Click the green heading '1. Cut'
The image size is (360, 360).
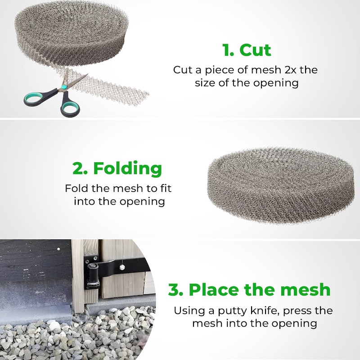(247, 50)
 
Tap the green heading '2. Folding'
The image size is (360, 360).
(117, 168)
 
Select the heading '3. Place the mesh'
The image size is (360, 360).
(249, 289)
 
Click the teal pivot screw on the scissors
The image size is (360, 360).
(64, 87)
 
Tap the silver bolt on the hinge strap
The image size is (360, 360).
(122, 267)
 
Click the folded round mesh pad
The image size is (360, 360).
(280, 186)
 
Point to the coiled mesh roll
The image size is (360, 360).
(71, 35)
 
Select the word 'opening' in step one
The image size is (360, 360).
(276, 83)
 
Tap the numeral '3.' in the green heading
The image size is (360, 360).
(175, 289)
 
